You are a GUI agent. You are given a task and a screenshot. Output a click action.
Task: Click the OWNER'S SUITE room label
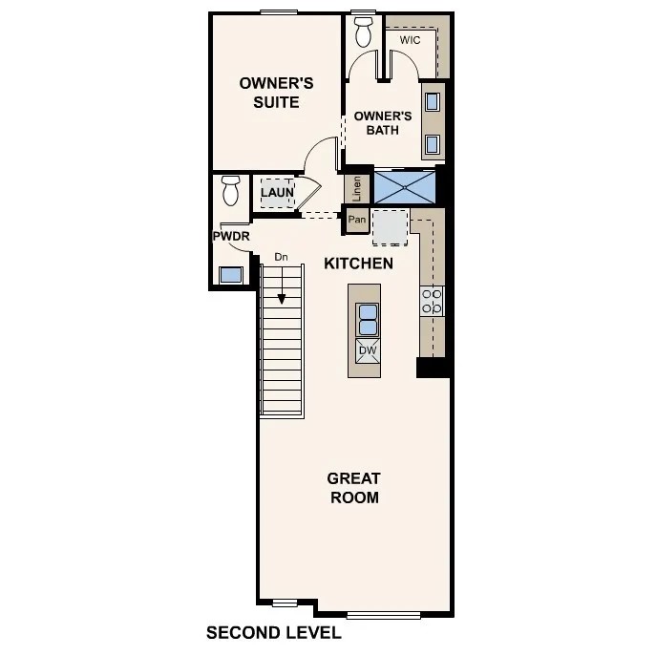[x=269, y=93]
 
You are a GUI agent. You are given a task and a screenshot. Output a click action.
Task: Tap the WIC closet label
[x=411, y=40]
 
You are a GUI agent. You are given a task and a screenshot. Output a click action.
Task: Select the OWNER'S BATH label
[x=382, y=123]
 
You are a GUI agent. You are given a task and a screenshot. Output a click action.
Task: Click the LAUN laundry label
[x=277, y=192]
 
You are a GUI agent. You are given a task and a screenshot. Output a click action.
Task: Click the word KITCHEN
[x=358, y=263]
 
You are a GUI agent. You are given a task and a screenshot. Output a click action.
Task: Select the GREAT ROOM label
[x=353, y=488]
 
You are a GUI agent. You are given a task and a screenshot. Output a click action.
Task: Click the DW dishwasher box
[x=368, y=350]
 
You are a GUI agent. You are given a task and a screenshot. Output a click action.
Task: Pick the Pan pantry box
[x=357, y=221]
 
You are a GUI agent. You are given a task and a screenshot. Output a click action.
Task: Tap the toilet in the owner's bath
[x=363, y=32]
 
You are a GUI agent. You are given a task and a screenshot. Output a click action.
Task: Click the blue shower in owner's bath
[x=404, y=186]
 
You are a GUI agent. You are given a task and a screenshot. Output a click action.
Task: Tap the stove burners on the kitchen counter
[x=432, y=302]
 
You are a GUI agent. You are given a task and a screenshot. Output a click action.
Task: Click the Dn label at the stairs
[x=281, y=257]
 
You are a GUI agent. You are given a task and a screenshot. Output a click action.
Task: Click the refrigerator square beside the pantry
[x=390, y=226]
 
